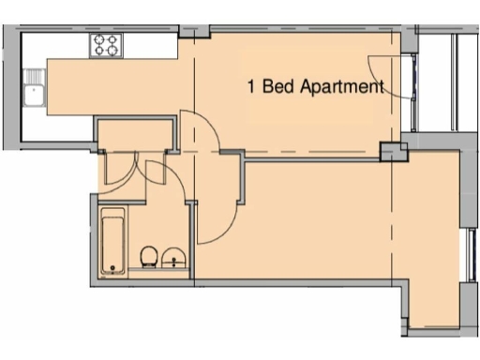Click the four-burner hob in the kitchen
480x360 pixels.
[x=106, y=44]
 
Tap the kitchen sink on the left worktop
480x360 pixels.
[x=35, y=94]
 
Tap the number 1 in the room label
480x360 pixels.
[x=250, y=87]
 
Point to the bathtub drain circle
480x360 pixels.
[x=113, y=269]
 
